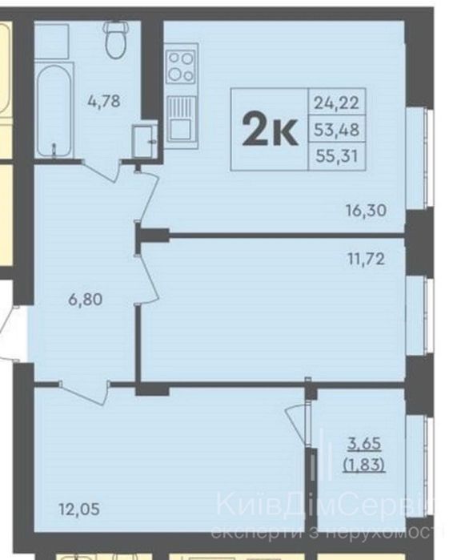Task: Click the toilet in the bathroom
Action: (115, 39)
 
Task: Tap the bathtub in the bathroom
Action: (54, 111)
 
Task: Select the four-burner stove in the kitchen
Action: (181, 66)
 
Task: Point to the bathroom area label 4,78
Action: (104, 101)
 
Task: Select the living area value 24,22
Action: (336, 103)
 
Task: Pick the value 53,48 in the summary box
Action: (336, 130)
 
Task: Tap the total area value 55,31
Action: (337, 156)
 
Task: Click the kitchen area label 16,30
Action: (366, 211)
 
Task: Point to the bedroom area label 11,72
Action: (367, 259)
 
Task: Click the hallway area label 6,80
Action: (86, 300)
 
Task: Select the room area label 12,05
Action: (79, 510)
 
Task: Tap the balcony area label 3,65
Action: (364, 444)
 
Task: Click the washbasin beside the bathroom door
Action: (144, 140)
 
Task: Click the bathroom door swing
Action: (102, 171)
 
